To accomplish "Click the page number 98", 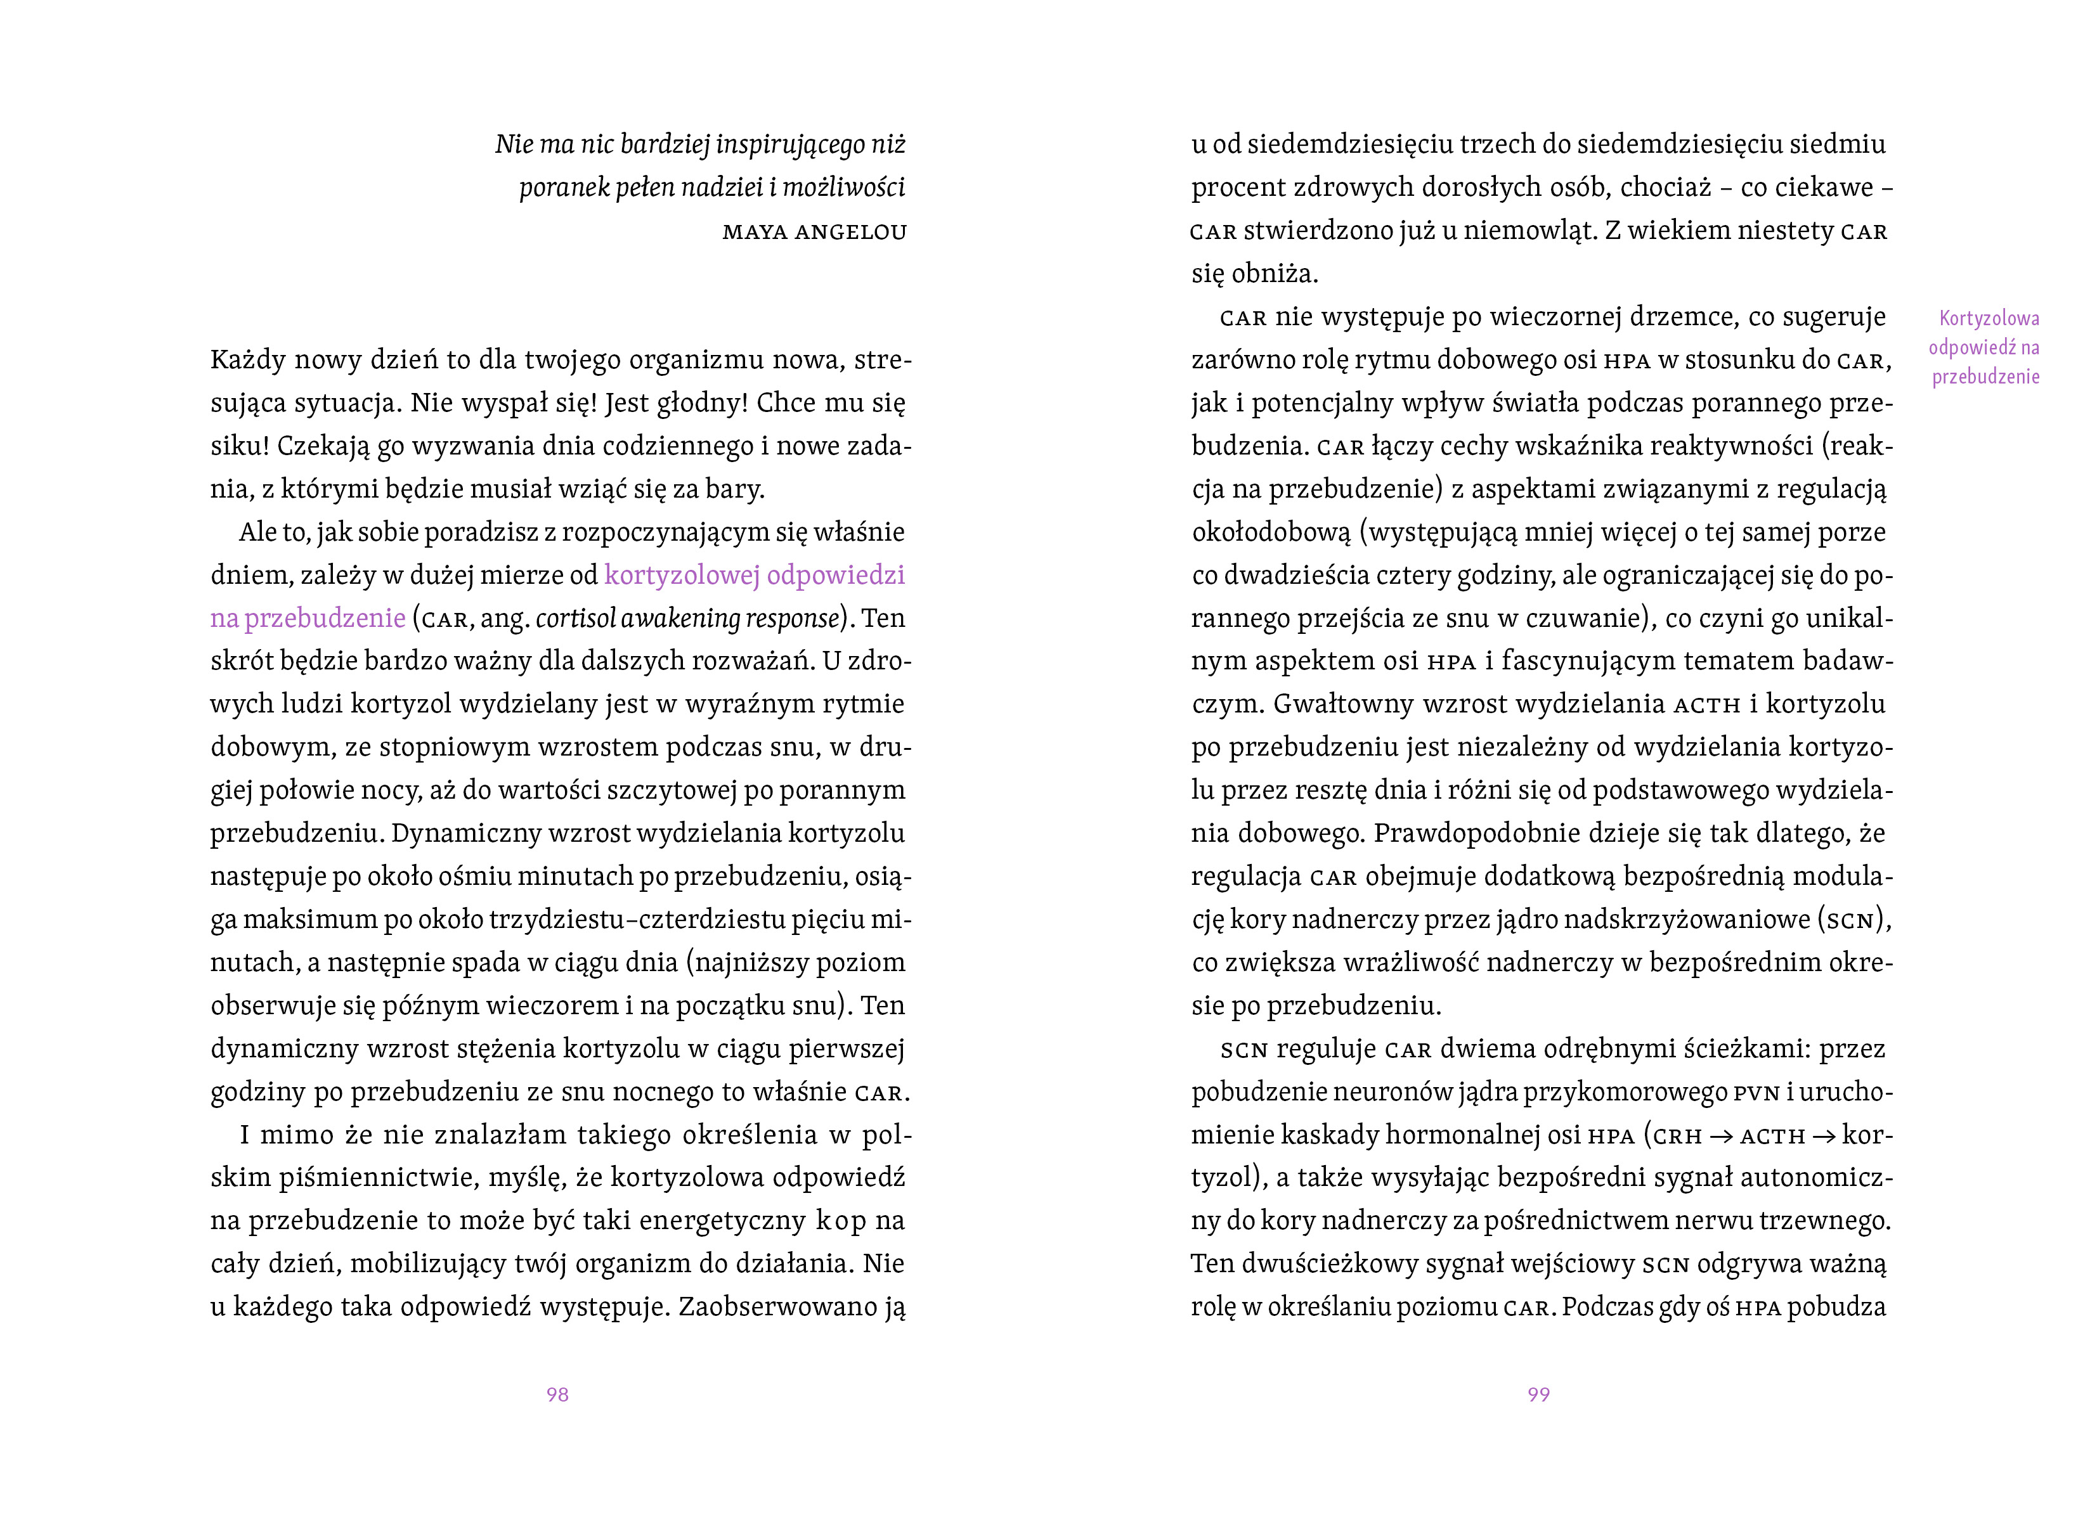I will (x=557, y=1394).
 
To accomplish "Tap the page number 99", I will (x=1538, y=1394).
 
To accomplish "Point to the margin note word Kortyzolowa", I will (x=1989, y=319).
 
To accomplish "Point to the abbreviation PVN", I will (x=1756, y=1093).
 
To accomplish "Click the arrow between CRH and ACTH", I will (x=1721, y=1136).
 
